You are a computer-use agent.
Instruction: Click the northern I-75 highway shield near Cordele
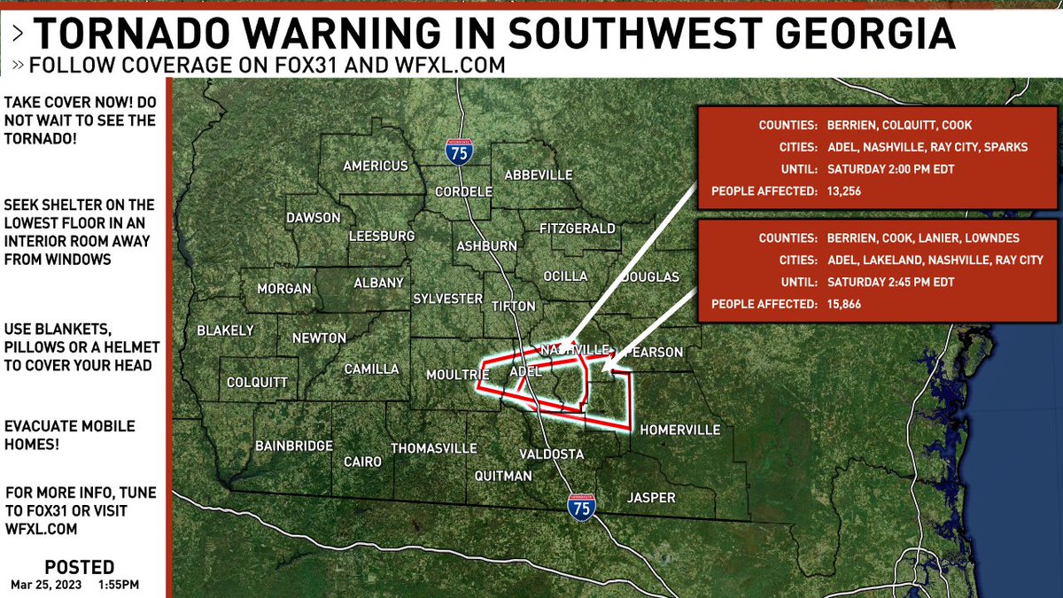(459, 152)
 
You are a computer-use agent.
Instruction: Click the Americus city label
(376, 166)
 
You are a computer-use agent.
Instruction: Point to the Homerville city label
(679, 430)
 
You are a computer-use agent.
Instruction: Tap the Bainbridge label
(293, 445)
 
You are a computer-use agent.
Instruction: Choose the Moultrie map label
(458, 375)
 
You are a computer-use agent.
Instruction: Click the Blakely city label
(225, 330)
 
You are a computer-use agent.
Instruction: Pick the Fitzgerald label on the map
(577, 229)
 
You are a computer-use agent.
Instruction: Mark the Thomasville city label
(434, 448)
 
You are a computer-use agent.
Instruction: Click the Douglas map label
(649, 277)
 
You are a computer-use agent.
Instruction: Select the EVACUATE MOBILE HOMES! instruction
(70, 435)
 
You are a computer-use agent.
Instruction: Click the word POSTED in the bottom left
(79, 567)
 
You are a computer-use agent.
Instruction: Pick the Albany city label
(378, 283)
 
